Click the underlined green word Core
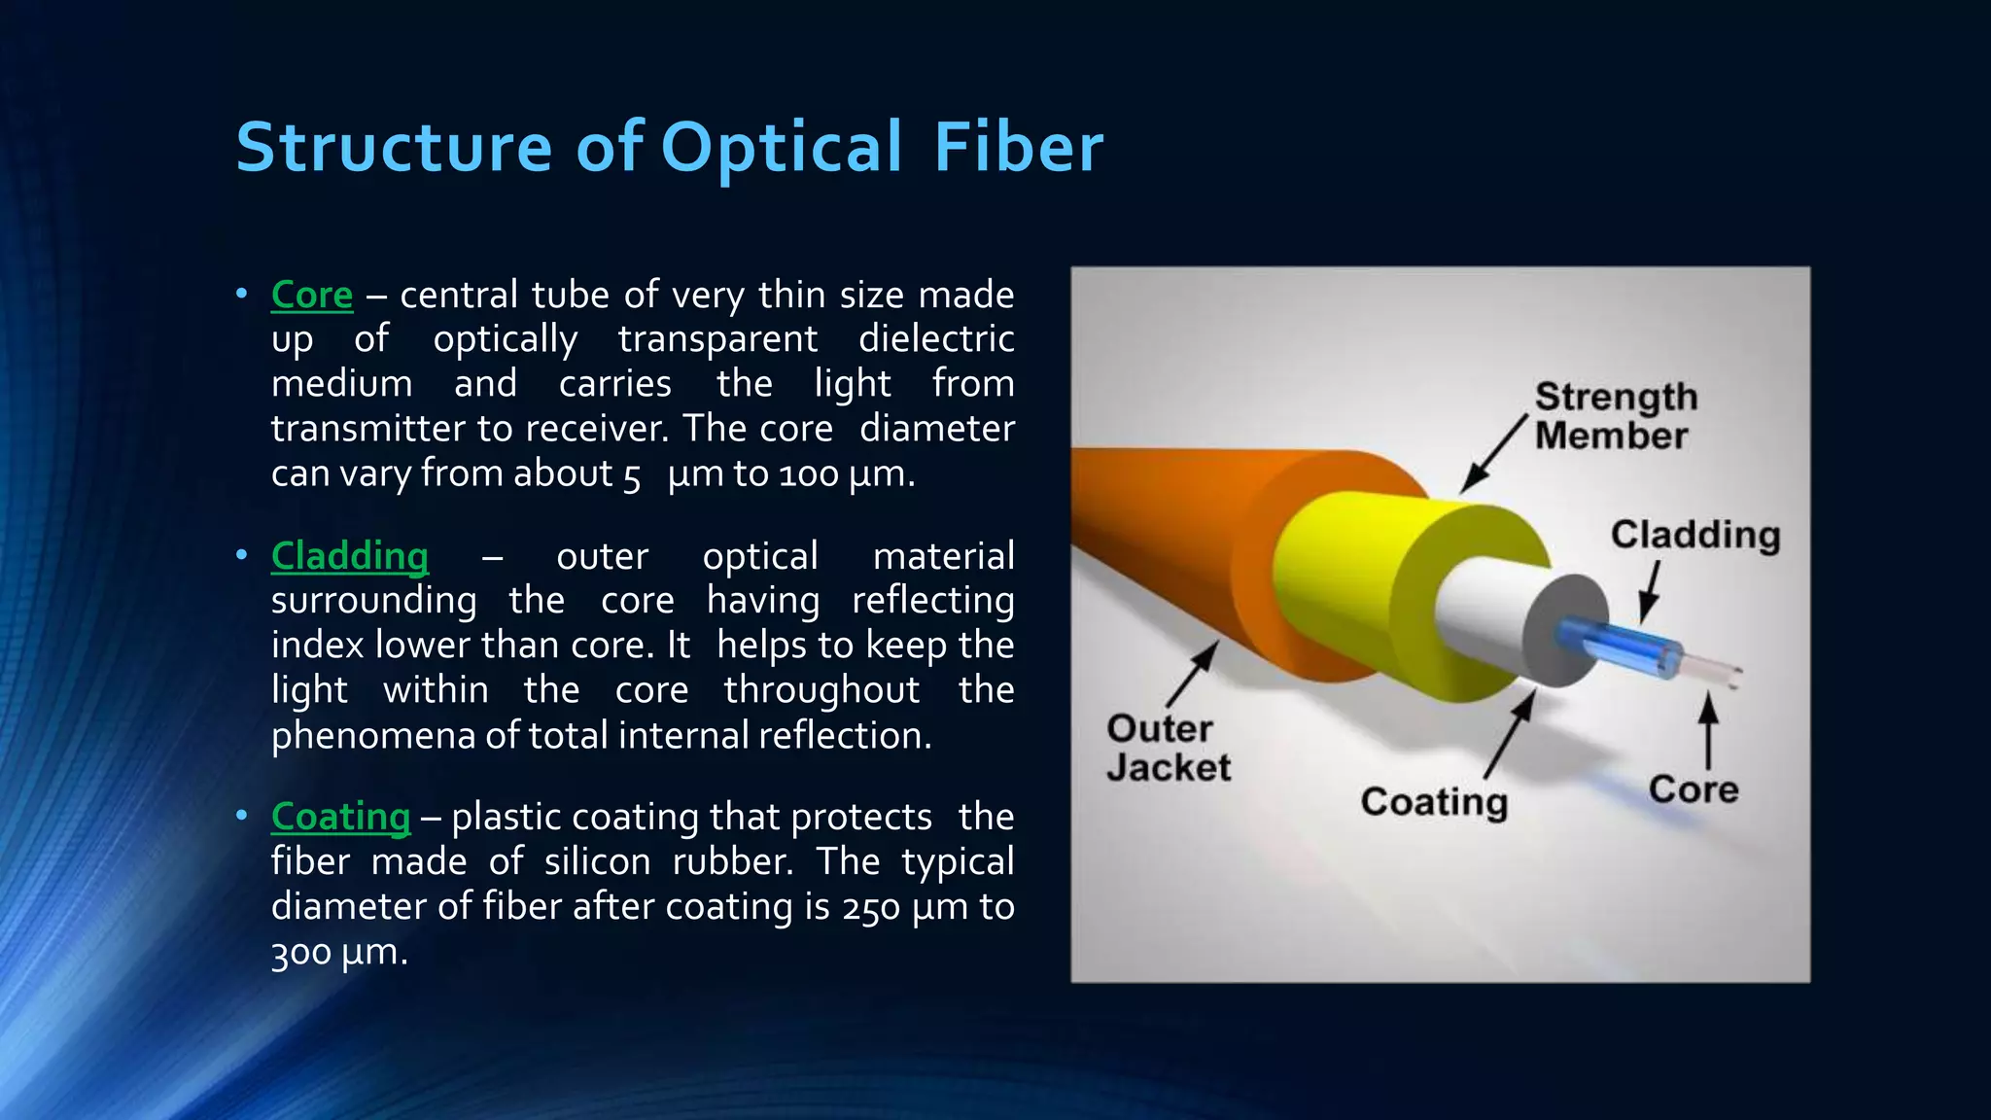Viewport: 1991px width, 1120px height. [x=311, y=295]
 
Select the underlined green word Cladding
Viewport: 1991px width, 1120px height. [x=349, y=556]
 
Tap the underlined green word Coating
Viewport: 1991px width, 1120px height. [x=340, y=817]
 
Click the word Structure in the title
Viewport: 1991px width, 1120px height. [x=394, y=148]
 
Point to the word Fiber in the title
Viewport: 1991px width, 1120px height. [x=1018, y=148]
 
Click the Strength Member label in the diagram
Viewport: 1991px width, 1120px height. [x=1615, y=416]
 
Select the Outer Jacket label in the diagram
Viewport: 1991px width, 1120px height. [x=1167, y=748]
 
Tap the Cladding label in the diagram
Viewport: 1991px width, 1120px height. [x=1694, y=535]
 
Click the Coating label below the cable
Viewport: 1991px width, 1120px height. [x=1434, y=802]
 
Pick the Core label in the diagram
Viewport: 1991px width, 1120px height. [x=1693, y=788]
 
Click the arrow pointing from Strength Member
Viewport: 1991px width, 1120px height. [x=1493, y=454]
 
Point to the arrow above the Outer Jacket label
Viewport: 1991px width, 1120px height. [x=1193, y=673]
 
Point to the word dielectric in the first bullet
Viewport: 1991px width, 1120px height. [x=935, y=339]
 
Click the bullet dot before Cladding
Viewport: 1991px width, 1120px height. [x=241, y=555]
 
